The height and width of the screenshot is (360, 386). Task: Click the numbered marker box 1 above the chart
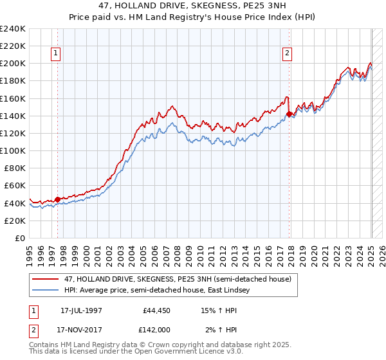tap(57, 54)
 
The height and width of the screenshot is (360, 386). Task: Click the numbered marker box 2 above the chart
tap(287, 54)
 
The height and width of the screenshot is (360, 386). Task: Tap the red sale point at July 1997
tap(57, 199)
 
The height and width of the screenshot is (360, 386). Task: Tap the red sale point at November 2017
tap(289, 114)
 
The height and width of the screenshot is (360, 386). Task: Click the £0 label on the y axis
tap(19, 238)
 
